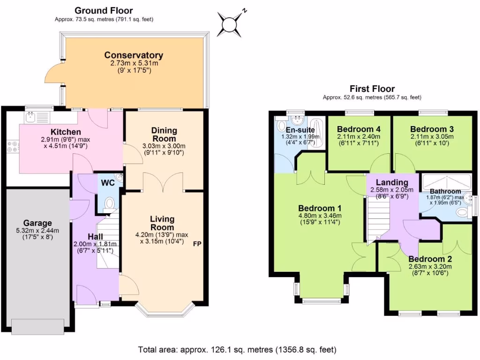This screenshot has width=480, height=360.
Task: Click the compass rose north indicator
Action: pos(232,22)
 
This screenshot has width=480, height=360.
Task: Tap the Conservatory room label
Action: pos(134,55)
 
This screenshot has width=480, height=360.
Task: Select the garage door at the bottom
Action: pos(37,326)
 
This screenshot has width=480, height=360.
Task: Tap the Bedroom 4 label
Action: pos(359,129)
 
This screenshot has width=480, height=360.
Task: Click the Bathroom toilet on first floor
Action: pos(463,214)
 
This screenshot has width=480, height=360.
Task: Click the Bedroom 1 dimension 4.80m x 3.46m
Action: pos(320,216)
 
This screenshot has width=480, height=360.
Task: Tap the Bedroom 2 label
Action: pos(430,259)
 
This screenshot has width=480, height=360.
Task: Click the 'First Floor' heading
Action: pos(372,89)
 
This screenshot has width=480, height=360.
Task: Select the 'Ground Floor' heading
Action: pos(104,10)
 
